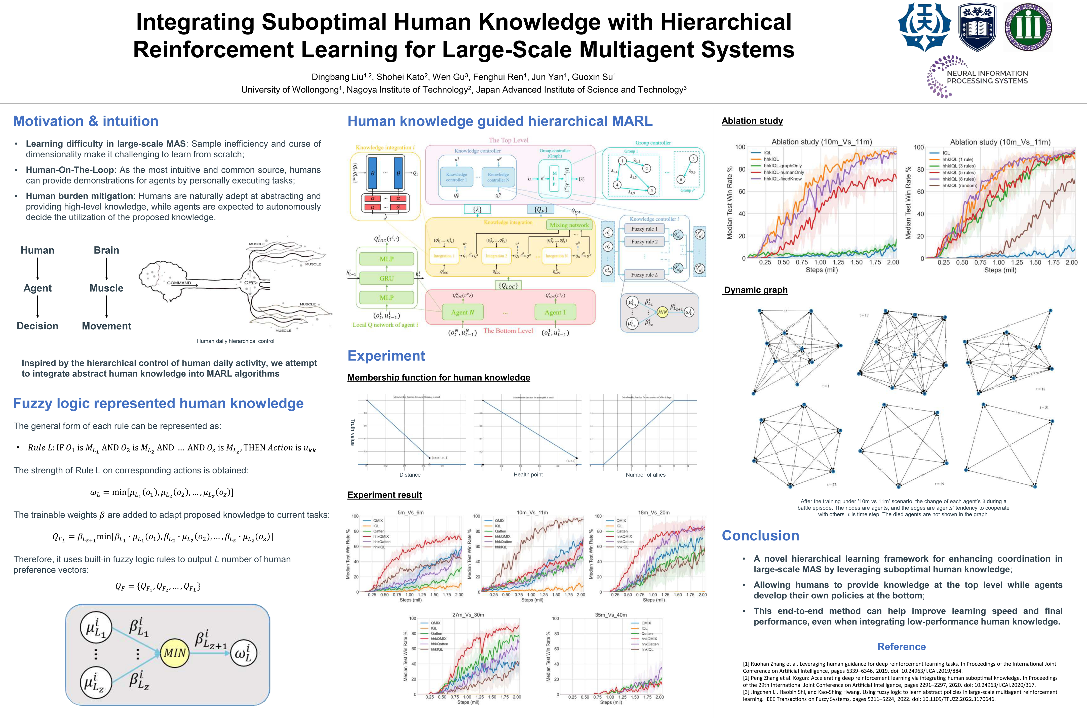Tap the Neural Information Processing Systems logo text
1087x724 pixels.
(x=987, y=77)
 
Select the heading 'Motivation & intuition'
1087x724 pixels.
(x=86, y=121)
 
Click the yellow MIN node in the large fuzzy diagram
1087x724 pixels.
(x=174, y=653)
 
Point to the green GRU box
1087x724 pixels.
(x=386, y=279)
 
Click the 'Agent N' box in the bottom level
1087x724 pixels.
(x=463, y=312)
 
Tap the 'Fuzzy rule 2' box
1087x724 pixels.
(x=644, y=242)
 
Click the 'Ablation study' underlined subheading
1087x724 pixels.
(x=752, y=121)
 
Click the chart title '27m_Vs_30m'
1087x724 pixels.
(x=468, y=615)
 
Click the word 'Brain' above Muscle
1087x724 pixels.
(x=106, y=250)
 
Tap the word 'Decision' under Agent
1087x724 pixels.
(x=37, y=326)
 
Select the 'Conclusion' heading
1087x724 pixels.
(x=760, y=536)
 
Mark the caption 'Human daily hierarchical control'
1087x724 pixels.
(x=235, y=341)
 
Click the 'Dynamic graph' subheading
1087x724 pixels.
(x=756, y=290)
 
